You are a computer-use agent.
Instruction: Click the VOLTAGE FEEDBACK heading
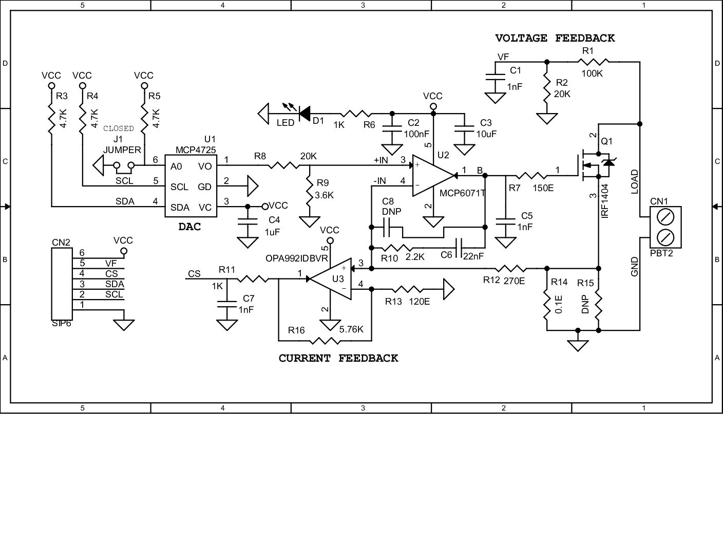(x=555, y=38)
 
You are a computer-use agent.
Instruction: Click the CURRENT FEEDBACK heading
(x=338, y=358)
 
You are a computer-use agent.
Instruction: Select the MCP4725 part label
(x=196, y=150)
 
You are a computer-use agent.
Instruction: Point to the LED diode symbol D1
(x=304, y=111)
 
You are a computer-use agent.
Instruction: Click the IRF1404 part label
(x=604, y=201)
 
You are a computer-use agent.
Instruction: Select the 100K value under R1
(x=592, y=73)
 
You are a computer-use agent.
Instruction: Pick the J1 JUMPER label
(x=122, y=145)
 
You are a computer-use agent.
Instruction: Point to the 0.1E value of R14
(x=560, y=304)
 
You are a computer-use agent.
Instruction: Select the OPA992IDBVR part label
(x=296, y=258)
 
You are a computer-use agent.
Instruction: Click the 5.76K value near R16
(x=351, y=329)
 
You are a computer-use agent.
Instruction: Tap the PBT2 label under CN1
(x=661, y=253)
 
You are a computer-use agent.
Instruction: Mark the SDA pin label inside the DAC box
(x=180, y=207)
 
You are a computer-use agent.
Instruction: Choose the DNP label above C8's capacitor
(x=391, y=212)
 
